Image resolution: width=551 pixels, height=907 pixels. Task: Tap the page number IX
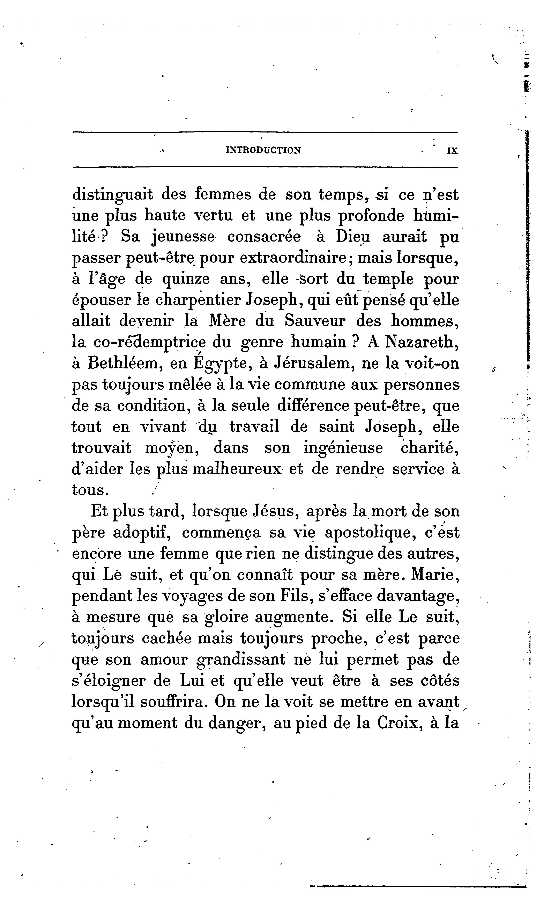point(452,151)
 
